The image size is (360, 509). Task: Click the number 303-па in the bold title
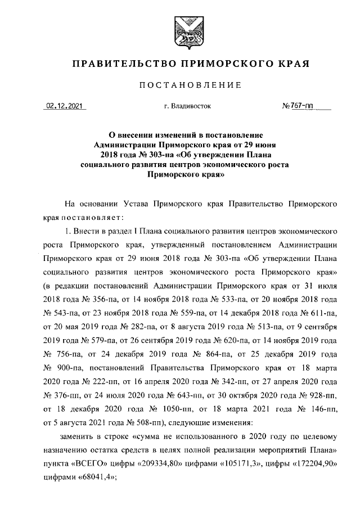point(162,155)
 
